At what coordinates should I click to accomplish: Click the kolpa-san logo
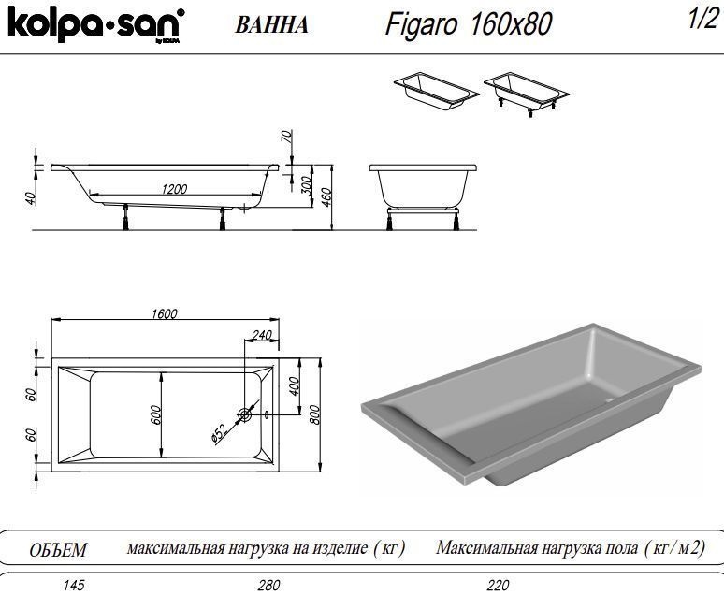94,25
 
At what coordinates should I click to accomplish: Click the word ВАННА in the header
272,25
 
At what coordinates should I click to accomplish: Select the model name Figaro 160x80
468,24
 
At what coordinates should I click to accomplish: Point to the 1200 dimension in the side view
174,189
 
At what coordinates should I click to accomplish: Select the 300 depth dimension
306,185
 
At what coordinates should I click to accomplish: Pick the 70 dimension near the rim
287,138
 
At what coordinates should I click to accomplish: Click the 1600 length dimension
164,314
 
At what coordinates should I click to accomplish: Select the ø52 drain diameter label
219,432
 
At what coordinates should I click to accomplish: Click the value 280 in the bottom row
268,586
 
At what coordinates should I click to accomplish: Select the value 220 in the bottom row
499,586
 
